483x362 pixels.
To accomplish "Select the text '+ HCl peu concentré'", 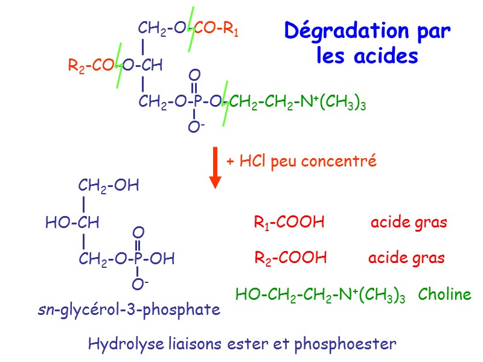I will pyautogui.click(x=301, y=162).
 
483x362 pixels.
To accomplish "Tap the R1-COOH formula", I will pyautogui.click(x=289, y=223).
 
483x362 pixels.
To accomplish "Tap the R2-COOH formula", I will pyautogui.click(x=290, y=258).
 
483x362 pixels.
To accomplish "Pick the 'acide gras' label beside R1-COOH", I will pyautogui.click(x=409, y=223).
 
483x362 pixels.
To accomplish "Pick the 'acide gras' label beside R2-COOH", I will pyautogui.click(x=406, y=258).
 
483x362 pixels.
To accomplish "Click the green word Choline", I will pyautogui.click(x=445, y=294).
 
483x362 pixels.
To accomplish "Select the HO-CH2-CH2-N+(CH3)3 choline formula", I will pyautogui.click(x=320, y=295).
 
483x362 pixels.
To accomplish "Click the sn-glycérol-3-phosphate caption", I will pyautogui.click(x=126, y=310).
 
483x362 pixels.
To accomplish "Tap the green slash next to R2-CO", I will pyautogui.click(x=120, y=65).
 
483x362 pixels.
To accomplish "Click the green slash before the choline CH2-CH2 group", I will pyautogui.click(x=225, y=103).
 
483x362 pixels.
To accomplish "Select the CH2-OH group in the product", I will pyautogui.click(x=109, y=186).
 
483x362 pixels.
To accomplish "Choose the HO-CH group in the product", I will pyautogui.click(x=72, y=223).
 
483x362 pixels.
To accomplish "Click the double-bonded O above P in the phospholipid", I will pyautogui.click(x=194, y=75).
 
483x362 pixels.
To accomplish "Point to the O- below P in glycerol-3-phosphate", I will pyautogui.click(x=140, y=282).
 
